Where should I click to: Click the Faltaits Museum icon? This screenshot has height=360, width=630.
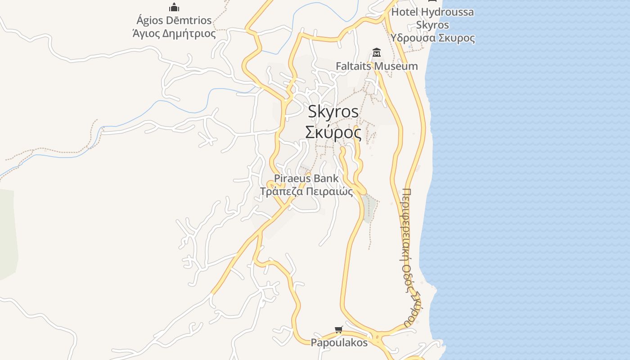click(x=377, y=53)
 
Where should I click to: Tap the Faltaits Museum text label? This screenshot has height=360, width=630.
click(x=377, y=66)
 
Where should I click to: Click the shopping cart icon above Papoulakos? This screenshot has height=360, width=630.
click(x=339, y=330)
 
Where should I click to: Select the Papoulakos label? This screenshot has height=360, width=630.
click(x=339, y=342)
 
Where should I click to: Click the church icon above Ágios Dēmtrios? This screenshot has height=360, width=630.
click(x=174, y=7)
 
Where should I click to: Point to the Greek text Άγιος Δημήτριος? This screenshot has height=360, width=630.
click(x=174, y=33)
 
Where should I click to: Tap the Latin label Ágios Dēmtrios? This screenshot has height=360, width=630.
click(x=174, y=20)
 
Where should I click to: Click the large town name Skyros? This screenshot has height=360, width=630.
click(x=333, y=112)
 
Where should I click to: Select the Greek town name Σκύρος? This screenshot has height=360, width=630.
click(x=333, y=132)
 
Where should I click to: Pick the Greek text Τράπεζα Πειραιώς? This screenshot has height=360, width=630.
click(x=306, y=191)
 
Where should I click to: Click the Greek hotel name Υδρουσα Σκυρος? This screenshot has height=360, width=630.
click(x=432, y=38)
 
